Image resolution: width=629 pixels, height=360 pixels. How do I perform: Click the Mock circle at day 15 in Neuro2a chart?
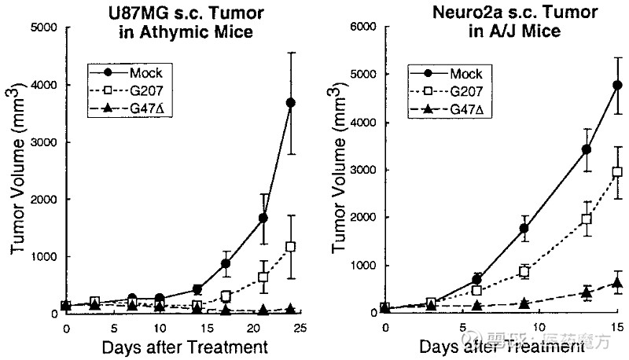pos(617,85)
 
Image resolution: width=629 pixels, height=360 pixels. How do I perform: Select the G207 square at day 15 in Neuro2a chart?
pos(617,171)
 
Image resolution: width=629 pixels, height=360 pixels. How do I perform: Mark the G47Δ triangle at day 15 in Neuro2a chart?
pos(617,282)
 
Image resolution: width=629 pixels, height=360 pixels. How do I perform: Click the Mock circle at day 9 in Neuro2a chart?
pos(524,228)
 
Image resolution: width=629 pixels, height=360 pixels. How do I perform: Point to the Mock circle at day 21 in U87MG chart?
pos(262,218)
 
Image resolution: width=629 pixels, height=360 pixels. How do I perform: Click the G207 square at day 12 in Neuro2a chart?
pos(586,219)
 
